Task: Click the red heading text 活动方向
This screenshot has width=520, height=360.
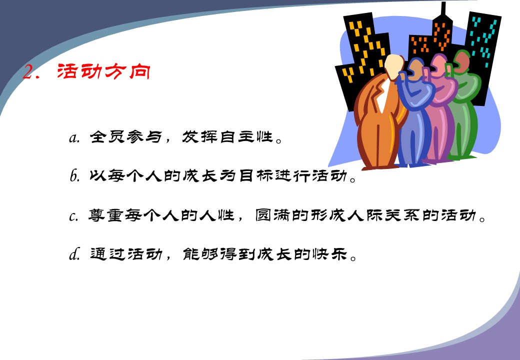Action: tap(104, 71)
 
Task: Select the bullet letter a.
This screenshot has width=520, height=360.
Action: tap(74, 137)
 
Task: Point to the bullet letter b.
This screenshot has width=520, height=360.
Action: tap(74, 175)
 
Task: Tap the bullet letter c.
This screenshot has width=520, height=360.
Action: tap(73, 216)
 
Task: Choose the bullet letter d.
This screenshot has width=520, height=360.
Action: tap(74, 254)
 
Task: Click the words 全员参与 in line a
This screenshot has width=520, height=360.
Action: tap(125, 136)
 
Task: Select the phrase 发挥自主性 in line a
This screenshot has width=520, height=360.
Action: tap(227, 136)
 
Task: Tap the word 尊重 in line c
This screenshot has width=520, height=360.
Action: tap(106, 215)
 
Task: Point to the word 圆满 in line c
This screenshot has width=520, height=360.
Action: tap(273, 215)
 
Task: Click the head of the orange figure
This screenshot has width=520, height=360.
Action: tap(393, 67)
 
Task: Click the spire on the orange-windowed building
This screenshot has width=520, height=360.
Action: tap(443, 9)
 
